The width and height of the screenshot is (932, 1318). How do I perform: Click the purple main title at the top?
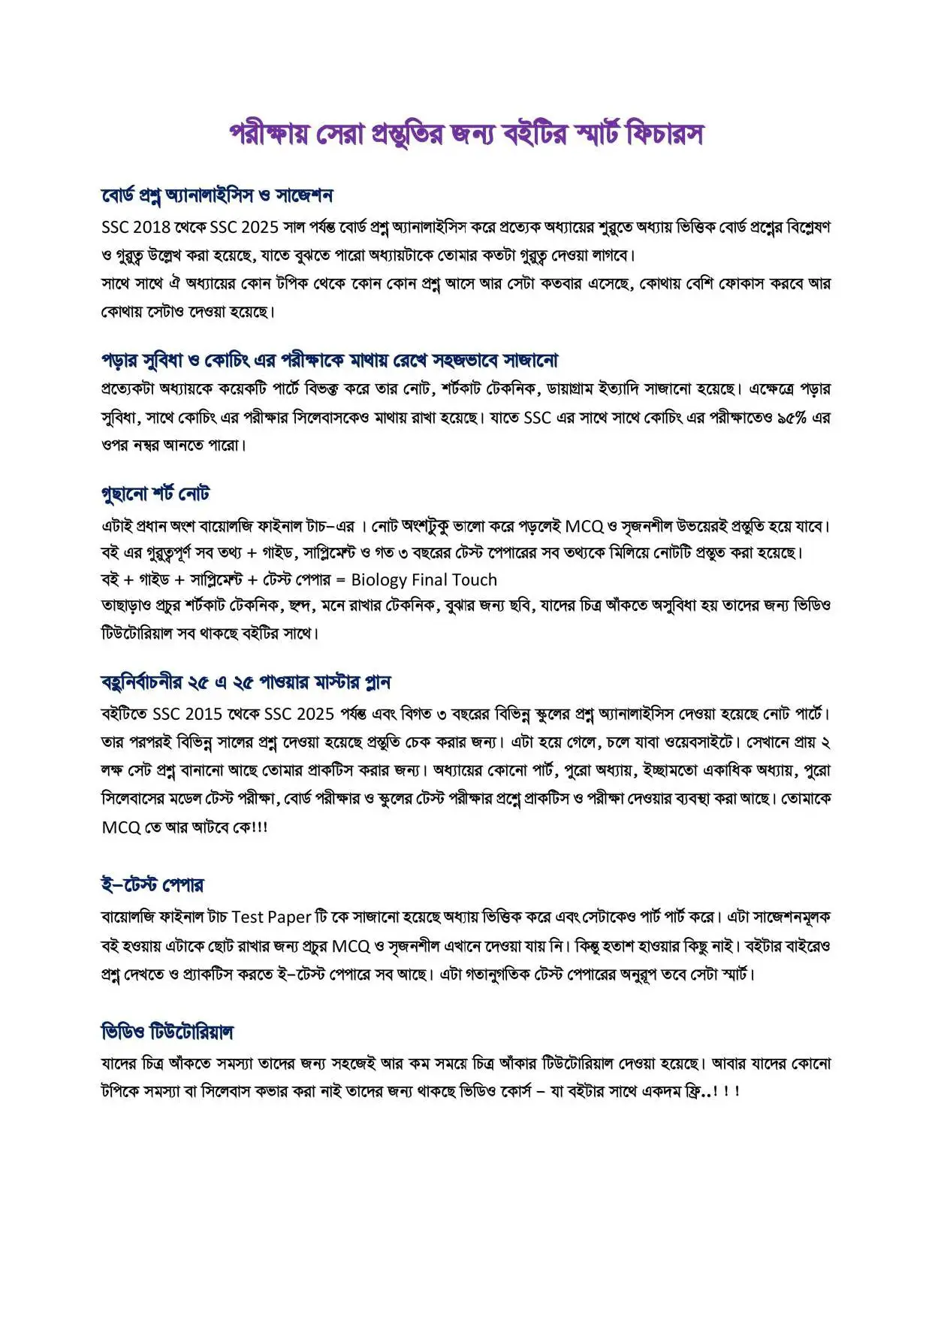pyautogui.click(x=466, y=135)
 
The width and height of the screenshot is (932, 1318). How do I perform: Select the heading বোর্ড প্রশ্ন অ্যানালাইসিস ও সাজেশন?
pyautogui.click(x=217, y=195)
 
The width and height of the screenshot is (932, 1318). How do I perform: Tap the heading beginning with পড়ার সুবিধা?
pyautogui.click(x=330, y=361)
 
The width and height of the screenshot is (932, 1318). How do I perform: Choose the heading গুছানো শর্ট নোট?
pyautogui.click(x=155, y=494)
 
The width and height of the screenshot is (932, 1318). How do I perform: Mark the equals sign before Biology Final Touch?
pyautogui.click(x=340, y=580)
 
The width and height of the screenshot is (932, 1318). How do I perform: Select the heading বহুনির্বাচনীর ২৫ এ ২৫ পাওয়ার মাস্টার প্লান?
pyautogui.click(x=246, y=682)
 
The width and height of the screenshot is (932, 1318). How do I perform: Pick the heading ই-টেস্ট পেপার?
pyautogui.click(x=152, y=884)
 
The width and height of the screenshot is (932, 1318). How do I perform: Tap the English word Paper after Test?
pyautogui.click(x=289, y=917)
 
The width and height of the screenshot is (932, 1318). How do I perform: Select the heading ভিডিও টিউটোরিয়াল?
pyautogui.click(x=167, y=1032)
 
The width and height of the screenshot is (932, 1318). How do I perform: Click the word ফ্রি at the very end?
pyautogui.click(x=686, y=1090)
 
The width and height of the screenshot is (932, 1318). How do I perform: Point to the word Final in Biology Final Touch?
pyautogui.click(x=430, y=579)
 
